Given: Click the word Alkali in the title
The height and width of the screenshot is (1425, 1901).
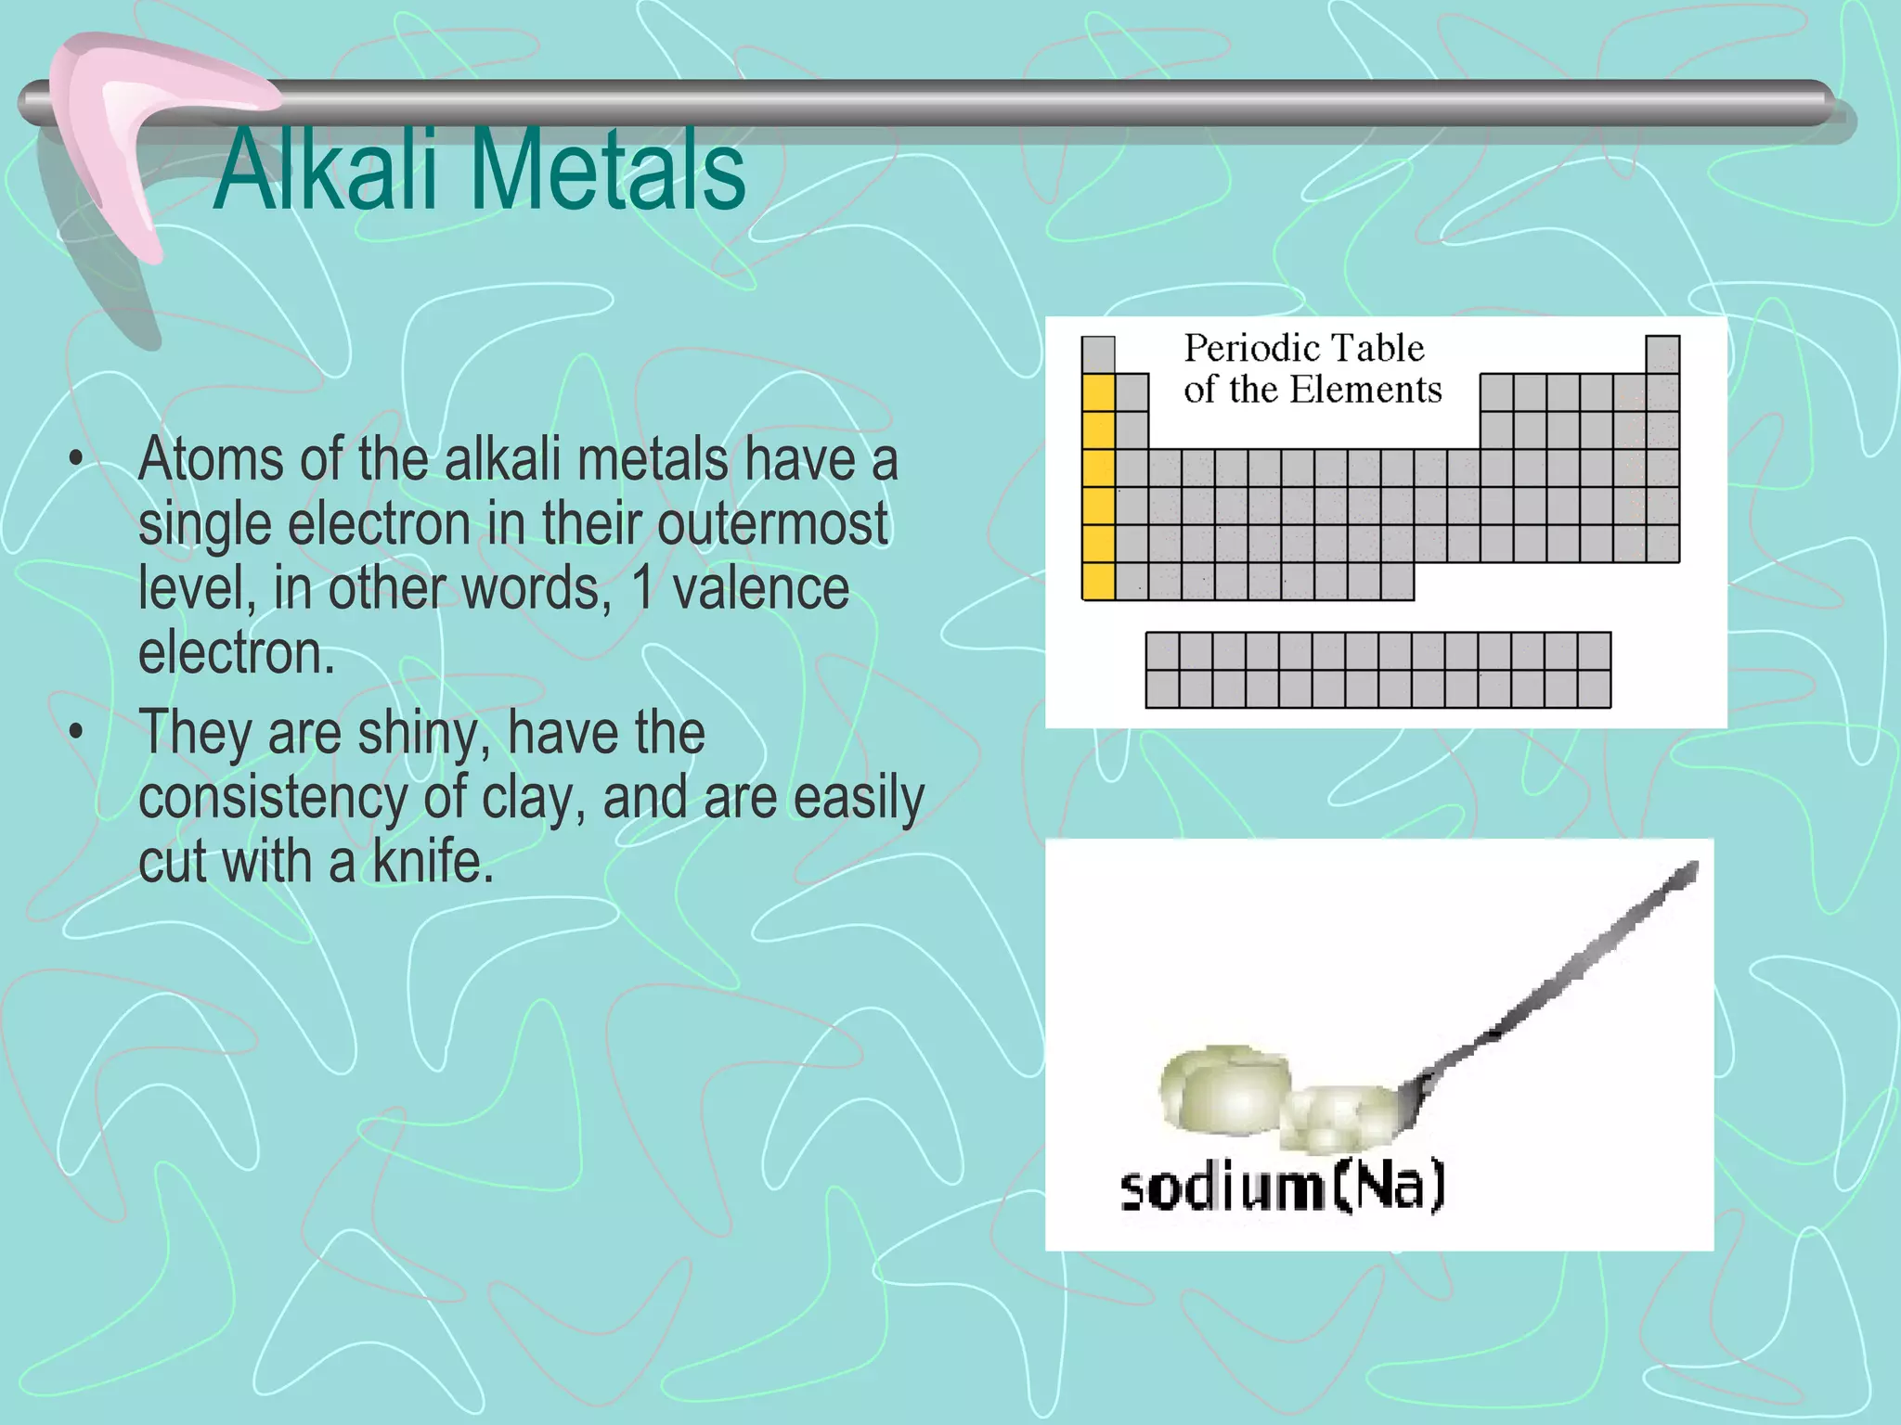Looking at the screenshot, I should click(325, 172).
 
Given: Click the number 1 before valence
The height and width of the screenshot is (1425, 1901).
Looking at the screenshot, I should click(642, 589).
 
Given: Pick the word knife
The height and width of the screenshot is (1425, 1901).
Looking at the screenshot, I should click(433, 862).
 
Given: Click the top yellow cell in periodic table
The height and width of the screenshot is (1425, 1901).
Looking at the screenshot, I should click(1098, 392).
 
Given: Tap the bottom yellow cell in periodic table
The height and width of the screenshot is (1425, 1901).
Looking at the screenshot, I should click(1098, 581).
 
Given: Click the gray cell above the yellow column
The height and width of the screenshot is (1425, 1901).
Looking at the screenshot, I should click(1098, 354).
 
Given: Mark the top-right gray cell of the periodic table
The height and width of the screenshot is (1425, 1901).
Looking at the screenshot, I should click(1662, 354).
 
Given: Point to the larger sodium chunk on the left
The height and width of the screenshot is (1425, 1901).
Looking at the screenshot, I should click(1223, 1090).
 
